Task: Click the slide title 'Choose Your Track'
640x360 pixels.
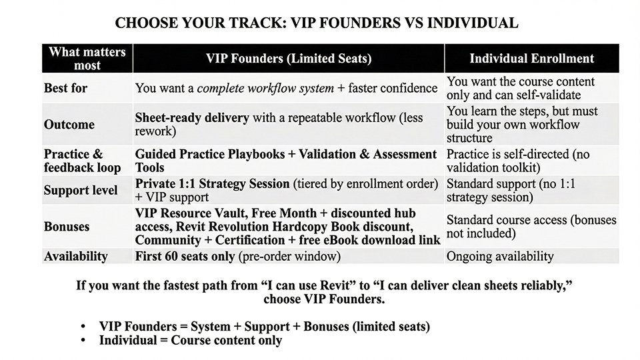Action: (x=316, y=23)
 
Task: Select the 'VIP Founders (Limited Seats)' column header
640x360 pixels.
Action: (x=288, y=59)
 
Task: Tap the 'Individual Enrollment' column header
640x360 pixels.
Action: (x=531, y=59)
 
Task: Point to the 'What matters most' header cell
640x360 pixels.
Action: (x=87, y=59)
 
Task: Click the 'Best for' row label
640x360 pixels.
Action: (x=65, y=88)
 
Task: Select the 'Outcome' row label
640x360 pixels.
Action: (x=69, y=125)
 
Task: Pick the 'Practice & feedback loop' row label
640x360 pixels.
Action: (x=83, y=161)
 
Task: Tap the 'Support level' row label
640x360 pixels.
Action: (x=81, y=191)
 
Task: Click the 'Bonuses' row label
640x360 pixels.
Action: (x=67, y=227)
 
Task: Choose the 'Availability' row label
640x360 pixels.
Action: (x=76, y=256)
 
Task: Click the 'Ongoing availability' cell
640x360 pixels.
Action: (x=500, y=256)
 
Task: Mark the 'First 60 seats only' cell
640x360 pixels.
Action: (x=184, y=256)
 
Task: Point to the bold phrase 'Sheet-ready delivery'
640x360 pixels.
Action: (x=192, y=118)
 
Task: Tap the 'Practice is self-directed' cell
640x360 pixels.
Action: (x=518, y=161)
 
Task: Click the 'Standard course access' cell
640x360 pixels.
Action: (x=531, y=227)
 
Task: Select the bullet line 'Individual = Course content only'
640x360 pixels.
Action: (x=191, y=340)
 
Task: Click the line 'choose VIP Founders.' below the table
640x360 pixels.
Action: (x=324, y=299)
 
